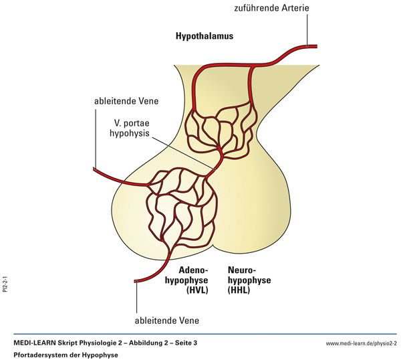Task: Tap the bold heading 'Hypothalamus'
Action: pyautogui.click(x=205, y=35)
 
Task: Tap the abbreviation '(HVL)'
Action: pyautogui.click(x=196, y=290)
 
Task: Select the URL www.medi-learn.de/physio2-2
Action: pyautogui.click(x=361, y=343)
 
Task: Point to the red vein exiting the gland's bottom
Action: pyautogui.click(x=144, y=279)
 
